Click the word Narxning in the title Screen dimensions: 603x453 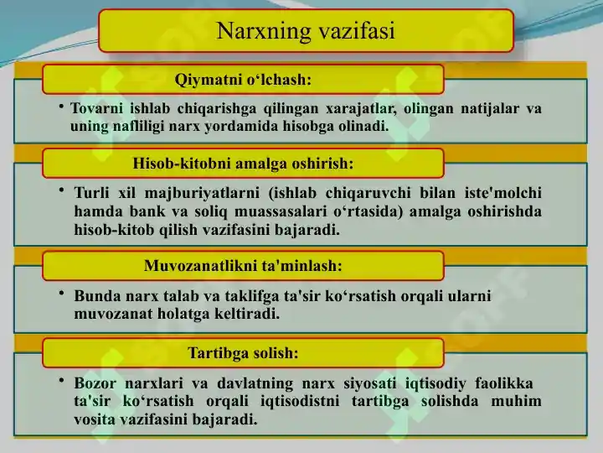click(264, 31)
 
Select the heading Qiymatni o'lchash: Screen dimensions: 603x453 click(243, 81)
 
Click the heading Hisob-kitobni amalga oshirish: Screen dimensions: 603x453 click(243, 164)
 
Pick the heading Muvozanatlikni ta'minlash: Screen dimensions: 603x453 click(243, 266)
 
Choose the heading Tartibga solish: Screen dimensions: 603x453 click(243, 353)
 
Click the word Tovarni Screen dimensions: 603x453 click(96, 108)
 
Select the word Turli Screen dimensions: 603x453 click(91, 193)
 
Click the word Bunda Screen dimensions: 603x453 click(96, 296)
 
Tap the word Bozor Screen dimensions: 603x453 click(95, 383)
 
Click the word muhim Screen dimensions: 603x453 click(516, 401)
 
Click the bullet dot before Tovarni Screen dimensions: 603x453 click(61, 106)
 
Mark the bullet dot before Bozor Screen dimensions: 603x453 click(61, 381)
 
